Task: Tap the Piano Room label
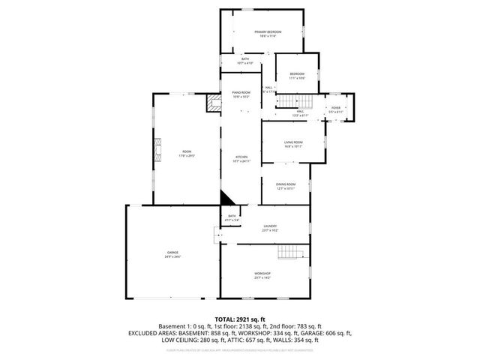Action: (x=241, y=94)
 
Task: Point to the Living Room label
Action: (x=292, y=144)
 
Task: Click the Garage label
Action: (x=172, y=254)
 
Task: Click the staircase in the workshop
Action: (x=291, y=252)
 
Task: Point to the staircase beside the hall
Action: (x=294, y=102)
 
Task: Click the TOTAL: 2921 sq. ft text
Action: (x=240, y=319)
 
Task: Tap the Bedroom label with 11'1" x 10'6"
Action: (x=297, y=75)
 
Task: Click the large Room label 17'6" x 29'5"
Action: (x=187, y=154)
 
